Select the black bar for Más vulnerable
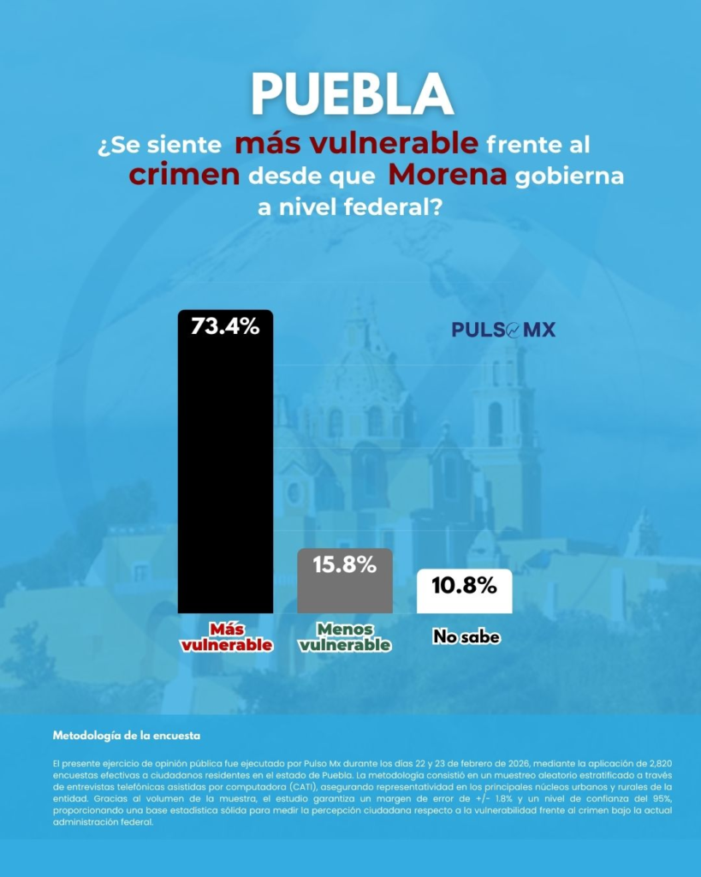[x=225, y=471]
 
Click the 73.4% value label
[x=225, y=325]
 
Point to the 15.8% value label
[x=345, y=564]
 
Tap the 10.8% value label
[x=464, y=586]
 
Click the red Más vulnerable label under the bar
[x=225, y=636]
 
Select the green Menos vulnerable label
[x=345, y=636]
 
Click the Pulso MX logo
[x=503, y=330]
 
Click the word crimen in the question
[x=184, y=175]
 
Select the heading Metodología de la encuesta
[x=127, y=736]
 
